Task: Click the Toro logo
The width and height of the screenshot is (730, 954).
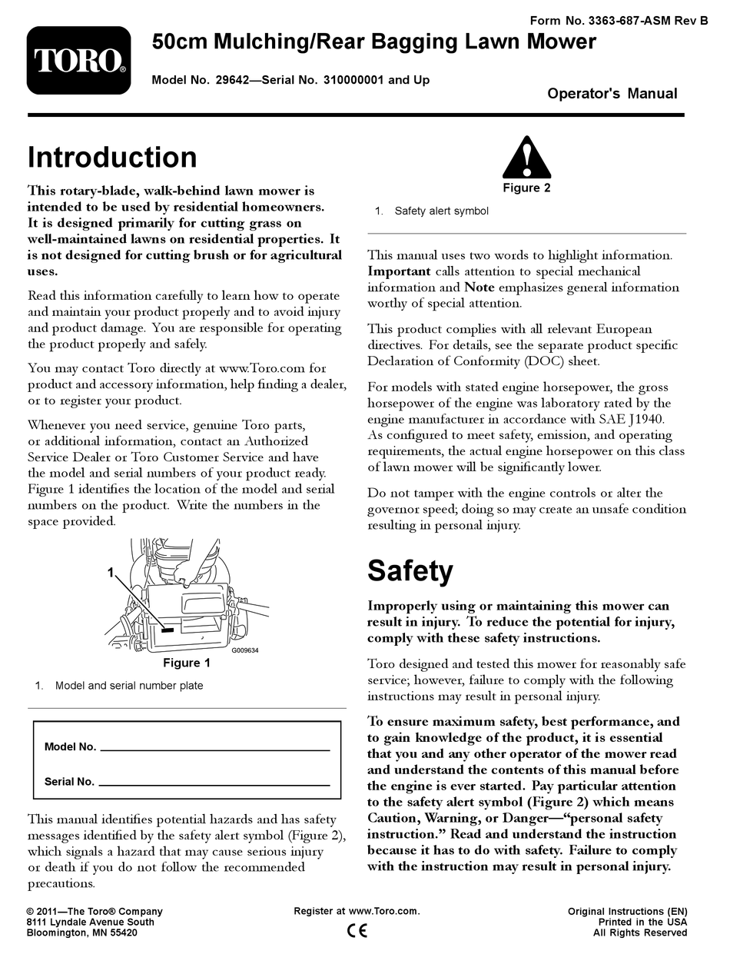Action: pyautogui.click(x=78, y=61)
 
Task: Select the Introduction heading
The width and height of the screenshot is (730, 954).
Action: pyautogui.click(x=112, y=157)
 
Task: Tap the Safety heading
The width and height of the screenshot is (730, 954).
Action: pyautogui.click(x=410, y=570)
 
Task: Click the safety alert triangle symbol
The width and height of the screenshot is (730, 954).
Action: pyautogui.click(x=526, y=158)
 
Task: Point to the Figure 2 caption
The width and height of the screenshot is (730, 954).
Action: pyautogui.click(x=526, y=188)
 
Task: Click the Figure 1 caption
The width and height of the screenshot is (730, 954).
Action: pyautogui.click(x=186, y=663)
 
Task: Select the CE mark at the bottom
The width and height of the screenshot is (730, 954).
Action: pyautogui.click(x=357, y=930)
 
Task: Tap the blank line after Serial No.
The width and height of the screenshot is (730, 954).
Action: pyautogui.click(x=214, y=783)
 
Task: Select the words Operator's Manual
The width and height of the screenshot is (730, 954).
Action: pyautogui.click(x=612, y=94)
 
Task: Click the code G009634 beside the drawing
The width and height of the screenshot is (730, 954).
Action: pyautogui.click(x=245, y=650)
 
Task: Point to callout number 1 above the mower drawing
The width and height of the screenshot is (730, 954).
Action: pyautogui.click(x=111, y=573)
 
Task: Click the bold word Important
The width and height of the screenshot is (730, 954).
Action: pyautogui.click(x=399, y=271)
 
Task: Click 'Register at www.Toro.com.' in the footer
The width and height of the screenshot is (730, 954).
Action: pyautogui.click(x=357, y=911)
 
